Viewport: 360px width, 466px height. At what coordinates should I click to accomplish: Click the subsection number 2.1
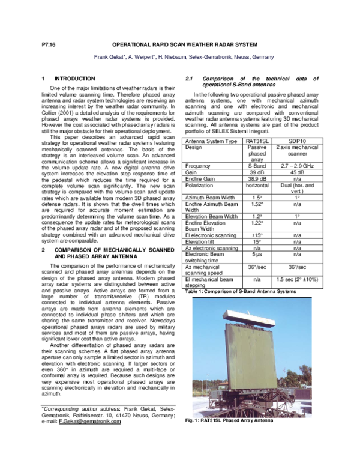point(188,79)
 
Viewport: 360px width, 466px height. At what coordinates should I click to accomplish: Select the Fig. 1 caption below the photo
point(229,421)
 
